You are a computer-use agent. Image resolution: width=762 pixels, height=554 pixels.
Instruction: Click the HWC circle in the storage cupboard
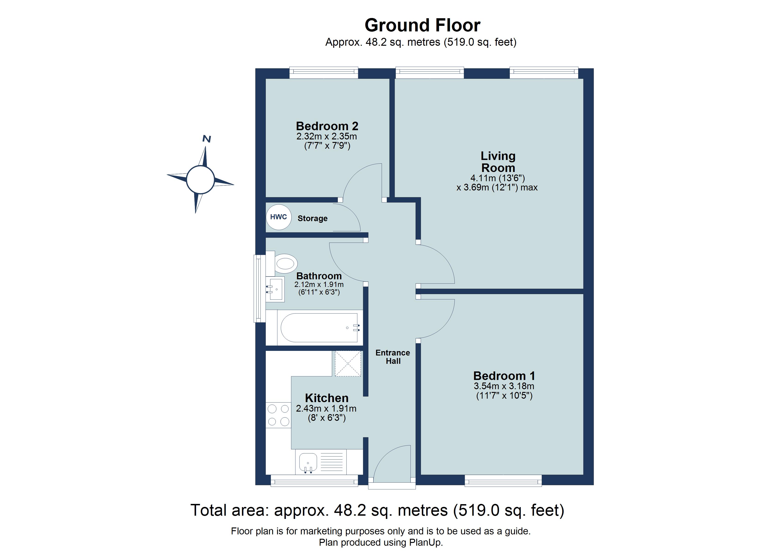[x=278, y=217]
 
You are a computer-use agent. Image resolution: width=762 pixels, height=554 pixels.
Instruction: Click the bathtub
[x=319, y=328]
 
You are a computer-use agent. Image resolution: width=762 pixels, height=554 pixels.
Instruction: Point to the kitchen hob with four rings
[x=278, y=415]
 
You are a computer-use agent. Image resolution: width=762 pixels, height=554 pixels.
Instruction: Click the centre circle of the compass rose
[x=200, y=180]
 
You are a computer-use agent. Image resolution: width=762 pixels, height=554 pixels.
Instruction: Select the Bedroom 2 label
[x=327, y=126]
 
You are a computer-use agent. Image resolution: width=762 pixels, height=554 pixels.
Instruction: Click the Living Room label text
[x=498, y=162]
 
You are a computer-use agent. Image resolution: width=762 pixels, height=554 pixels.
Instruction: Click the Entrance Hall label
[x=393, y=357]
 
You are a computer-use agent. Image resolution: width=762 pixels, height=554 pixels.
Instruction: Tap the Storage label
[x=312, y=218]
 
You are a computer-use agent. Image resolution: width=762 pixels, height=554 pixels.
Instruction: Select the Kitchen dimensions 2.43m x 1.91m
[x=326, y=409]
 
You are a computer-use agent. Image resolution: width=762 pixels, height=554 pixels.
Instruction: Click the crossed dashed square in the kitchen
[x=348, y=364]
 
